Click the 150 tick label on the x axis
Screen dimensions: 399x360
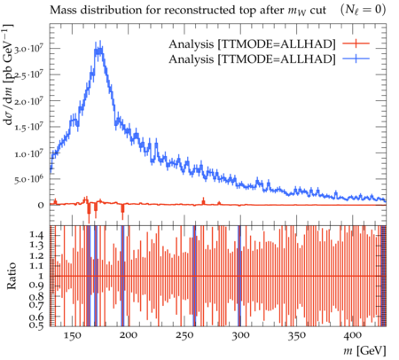coord(72,335)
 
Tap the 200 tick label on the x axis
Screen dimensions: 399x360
coord(129,335)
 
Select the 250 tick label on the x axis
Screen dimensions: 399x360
coord(184,335)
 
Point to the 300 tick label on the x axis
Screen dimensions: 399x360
coord(241,335)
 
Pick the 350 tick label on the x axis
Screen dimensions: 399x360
coord(297,335)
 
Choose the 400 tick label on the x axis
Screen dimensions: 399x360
coord(353,335)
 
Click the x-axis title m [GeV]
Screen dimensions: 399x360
coord(364,351)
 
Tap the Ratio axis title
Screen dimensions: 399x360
coord(12,276)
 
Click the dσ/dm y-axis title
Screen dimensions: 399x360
coord(10,74)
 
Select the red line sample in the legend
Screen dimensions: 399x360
coord(356,43)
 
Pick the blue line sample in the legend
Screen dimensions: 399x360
coord(356,59)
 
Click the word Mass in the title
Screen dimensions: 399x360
coord(62,10)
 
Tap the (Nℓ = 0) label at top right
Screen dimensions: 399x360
coord(364,11)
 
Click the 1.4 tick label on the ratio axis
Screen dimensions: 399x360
coord(36,235)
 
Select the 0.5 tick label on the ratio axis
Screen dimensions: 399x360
coord(36,325)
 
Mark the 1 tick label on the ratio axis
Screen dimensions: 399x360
coord(41,276)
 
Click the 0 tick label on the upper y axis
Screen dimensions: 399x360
coord(41,205)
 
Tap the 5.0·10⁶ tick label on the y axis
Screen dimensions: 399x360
coord(29,179)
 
